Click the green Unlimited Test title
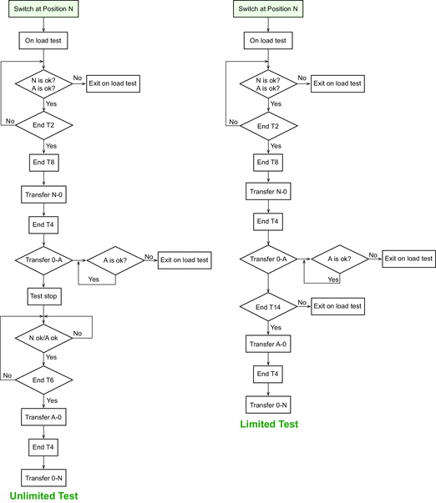[43, 495]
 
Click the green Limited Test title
[269, 424]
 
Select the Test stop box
[44, 296]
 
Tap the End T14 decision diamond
[268, 307]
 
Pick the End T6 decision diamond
[43, 380]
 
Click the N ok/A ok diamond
[43, 338]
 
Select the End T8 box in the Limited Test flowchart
[268, 163]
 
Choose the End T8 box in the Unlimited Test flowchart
[44, 163]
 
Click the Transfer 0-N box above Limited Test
[268, 405]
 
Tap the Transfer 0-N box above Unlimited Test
[43, 478]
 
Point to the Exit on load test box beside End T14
[337, 306]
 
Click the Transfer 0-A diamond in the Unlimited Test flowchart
[43, 260]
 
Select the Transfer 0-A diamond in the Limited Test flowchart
[268, 259]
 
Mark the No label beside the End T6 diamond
[8, 375]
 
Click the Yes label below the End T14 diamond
[276, 328]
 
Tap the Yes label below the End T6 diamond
[52, 400]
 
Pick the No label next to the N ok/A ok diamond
[78, 334]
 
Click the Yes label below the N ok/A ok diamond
[51, 357]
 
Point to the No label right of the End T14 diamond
[302, 303]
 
